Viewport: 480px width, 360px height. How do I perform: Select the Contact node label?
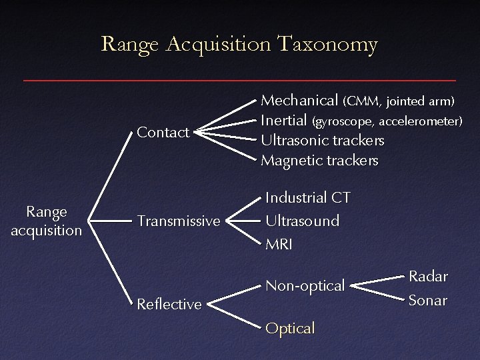pyautogui.click(x=163, y=133)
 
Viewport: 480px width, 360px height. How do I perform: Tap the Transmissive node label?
pyautogui.click(x=179, y=221)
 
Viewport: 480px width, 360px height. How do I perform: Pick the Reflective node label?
pyautogui.click(x=169, y=305)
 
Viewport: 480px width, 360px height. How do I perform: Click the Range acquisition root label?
pyautogui.click(x=47, y=221)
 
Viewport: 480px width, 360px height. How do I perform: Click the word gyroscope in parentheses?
pyautogui.click(x=343, y=122)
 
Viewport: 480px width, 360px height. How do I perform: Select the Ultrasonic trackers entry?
pyautogui.click(x=323, y=141)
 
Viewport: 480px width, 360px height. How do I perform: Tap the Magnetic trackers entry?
pyautogui.click(x=320, y=161)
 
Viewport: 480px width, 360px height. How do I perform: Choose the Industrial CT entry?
pyautogui.click(x=308, y=199)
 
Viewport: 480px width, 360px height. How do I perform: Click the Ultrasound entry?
pyautogui.click(x=302, y=220)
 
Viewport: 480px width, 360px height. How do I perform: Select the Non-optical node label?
pyautogui.click(x=305, y=286)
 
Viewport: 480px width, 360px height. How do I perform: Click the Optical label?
pyautogui.click(x=289, y=329)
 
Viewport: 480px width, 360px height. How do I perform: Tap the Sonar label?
pyautogui.click(x=428, y=301)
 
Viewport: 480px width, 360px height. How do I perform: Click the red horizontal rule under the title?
pyautogui.click(x=240, y=80)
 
